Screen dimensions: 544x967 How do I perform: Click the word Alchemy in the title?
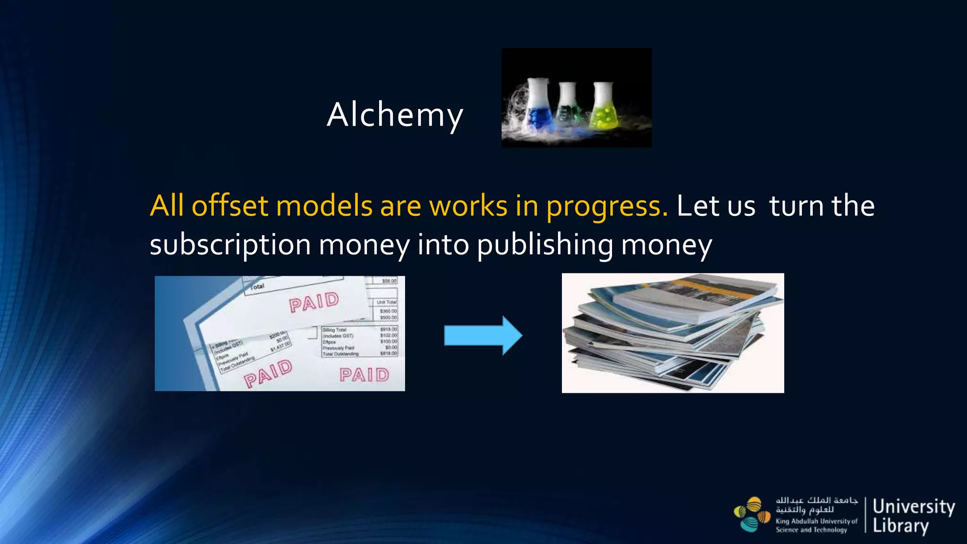[395, 115]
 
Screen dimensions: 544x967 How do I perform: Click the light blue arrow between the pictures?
[483, 335]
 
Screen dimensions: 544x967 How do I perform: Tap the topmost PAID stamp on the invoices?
[314, 302]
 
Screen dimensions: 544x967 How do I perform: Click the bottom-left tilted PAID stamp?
[268, 373]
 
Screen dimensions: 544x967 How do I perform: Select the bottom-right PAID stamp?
[364, 375]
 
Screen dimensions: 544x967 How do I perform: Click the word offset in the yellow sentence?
[229, 206]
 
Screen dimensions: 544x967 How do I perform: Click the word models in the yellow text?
[324, 206]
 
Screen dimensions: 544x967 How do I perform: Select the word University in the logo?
[913, 507]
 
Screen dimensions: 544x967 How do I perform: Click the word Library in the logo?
[900, 526]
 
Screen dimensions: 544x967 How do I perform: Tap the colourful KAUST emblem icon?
[752, 515]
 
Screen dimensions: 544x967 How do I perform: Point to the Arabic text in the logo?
[816, 505]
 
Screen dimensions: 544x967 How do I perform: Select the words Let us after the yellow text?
[715, 206]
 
